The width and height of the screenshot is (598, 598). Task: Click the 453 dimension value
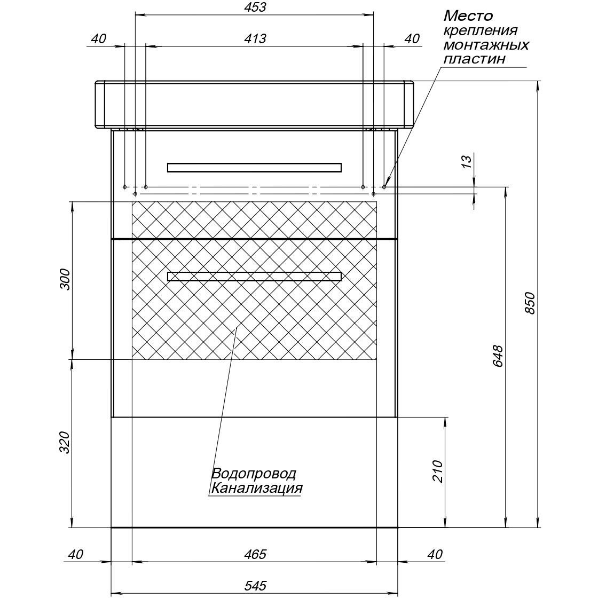pyautogui.click(x=255, y=7)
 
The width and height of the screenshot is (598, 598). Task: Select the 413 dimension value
pyautogui.click(x=255, y=38)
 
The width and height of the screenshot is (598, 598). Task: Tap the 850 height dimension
pyautogui.click(x=531, y=303)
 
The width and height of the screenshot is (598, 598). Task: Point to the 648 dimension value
pyautogui.click(x=498, y=356)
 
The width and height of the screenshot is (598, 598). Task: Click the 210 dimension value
pyautogui.click(x=438, y=471)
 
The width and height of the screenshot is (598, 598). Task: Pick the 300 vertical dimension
pyautogui.click(x=65, y=279)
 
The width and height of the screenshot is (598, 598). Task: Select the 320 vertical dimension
pyautogui.click(x=65, y=443)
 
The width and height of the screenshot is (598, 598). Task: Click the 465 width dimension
pyautogui.click(x=255, y=554)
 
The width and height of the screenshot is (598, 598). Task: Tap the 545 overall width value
pyautogui.click(x=255, y=585)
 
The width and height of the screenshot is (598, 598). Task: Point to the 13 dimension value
pyautogui.click(x=467, y=161)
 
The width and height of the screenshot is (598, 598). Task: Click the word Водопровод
pyautogui.click(x=254, y=474)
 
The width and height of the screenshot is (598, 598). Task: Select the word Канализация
pyautogui.click(x=257, y=488)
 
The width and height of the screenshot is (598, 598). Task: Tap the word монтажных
pyautogui.click(x=486, y=45)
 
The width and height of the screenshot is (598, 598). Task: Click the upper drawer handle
pyautogui.click(x=254, y=168)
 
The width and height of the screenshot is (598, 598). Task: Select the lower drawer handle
pyautogui.click(x=254, y=276)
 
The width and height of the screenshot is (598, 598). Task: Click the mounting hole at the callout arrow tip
pyautogui.click(x=384, y=187)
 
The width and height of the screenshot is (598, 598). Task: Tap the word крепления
pyautogui.click(x=481, y=31)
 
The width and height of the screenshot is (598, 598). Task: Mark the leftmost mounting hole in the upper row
pyautogui.click(x=125, y=187)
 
